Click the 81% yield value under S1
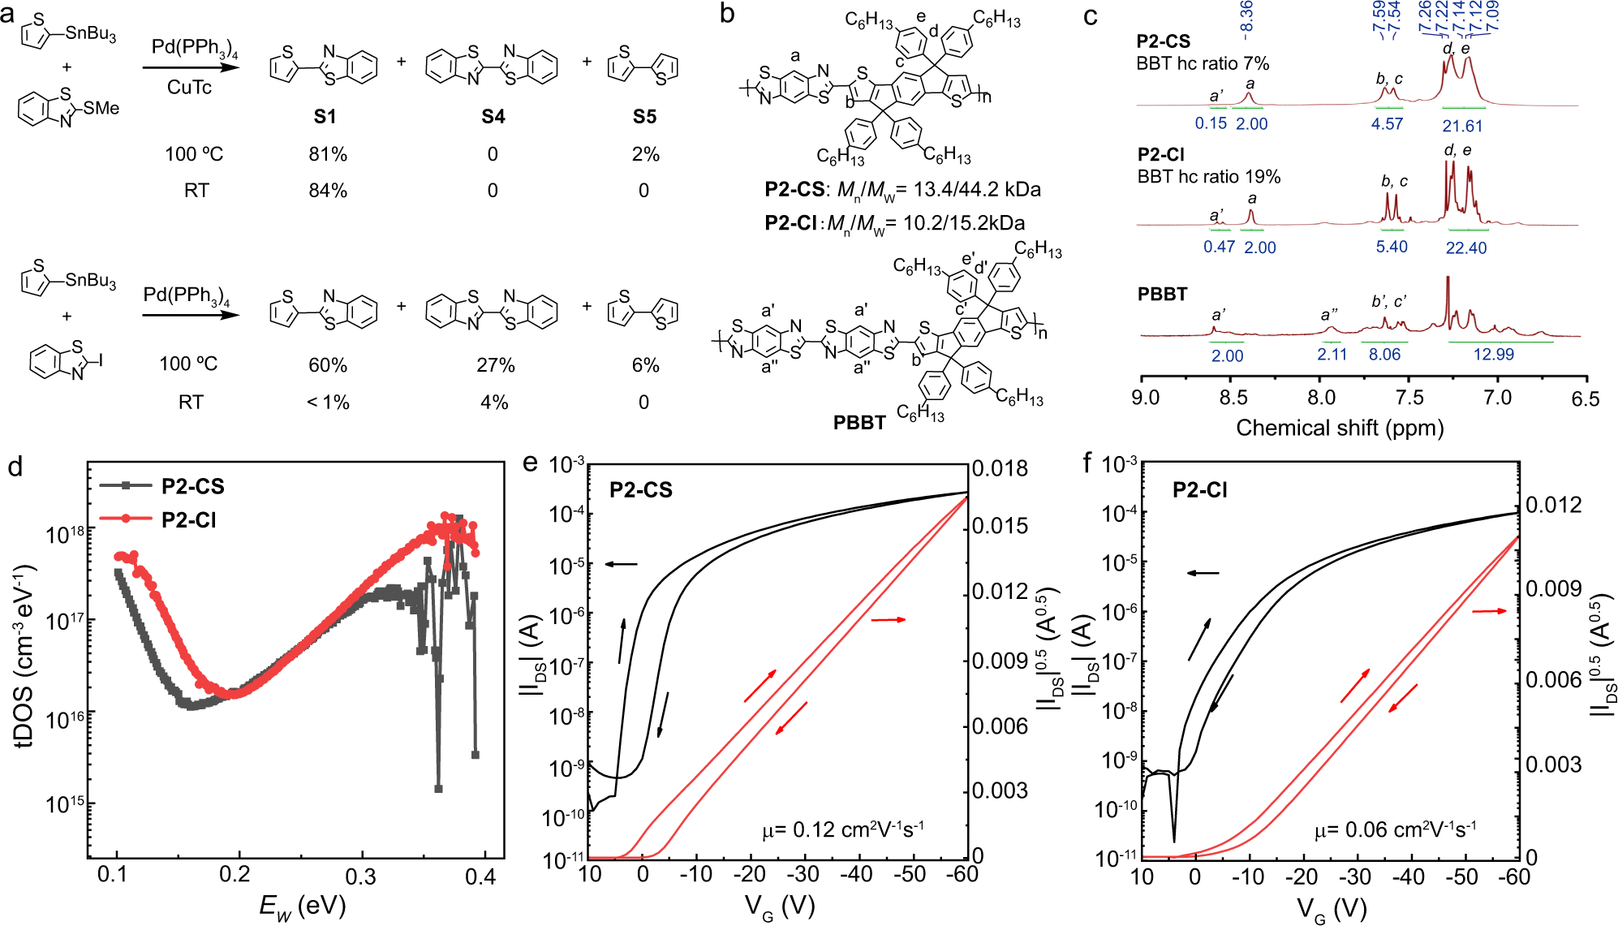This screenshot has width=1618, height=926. [328, 154]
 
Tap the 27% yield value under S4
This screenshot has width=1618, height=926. [495, 365]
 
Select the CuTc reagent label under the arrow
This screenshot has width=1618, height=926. [189, 88]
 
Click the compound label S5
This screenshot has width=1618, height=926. [644, 117]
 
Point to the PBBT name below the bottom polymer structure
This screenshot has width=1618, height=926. [859, 423]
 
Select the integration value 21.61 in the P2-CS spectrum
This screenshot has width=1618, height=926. [1462, 126]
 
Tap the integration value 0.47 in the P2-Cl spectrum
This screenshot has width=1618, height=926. [1219, 248]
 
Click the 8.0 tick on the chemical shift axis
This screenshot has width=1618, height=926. [1321, 398]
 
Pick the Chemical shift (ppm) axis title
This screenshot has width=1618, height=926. [1340, 428]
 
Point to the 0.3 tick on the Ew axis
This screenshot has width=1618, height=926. [360, 876]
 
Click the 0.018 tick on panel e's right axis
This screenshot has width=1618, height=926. [1000, 469]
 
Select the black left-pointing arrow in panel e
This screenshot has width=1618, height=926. [622, 563]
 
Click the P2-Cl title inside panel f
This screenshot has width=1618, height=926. [1199, 490]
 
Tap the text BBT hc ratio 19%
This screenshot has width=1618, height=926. [1208, 177]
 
